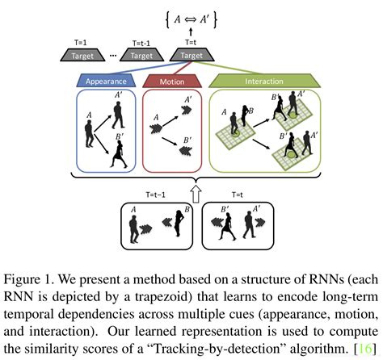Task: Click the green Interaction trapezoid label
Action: coord(263,81)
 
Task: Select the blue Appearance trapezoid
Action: coord(107,81)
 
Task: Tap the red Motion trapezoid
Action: coord(172,81)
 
